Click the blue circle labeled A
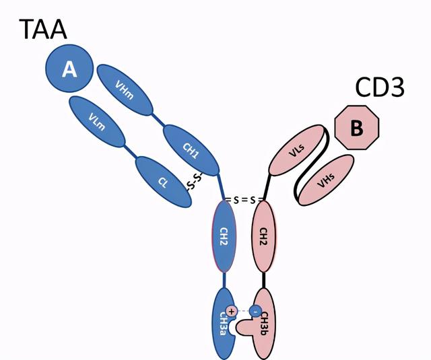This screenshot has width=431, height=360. [x=69, y=69]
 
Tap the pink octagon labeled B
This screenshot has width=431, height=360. [x=358, y=128]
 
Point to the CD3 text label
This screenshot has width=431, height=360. [x=378, y=88]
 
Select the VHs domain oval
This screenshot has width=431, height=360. [x=326, y=178]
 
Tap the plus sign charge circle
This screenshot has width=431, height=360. [x=232, y=311]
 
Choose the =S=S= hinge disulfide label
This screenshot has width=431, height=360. [x=243, y=200]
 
